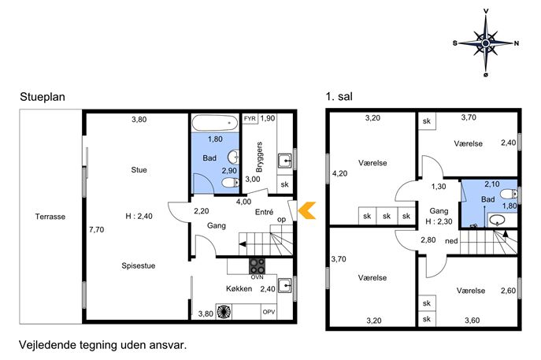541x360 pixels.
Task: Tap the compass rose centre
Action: click(x=486, y=43)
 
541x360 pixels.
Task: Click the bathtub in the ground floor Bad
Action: click(x=215, y=123)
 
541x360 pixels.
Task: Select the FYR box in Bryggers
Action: click(x=250, y=119)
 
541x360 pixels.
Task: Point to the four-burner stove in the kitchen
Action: click(x=258, y=266)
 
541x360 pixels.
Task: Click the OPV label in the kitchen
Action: click(x=269, y=312)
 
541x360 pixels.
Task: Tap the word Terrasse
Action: click(x=50, y=217)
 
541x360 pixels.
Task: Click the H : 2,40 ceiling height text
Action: click(x=139, y=217)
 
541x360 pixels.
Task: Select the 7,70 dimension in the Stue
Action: click(x=97, y=229)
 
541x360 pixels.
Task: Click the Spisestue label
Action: click(x=139, y=265)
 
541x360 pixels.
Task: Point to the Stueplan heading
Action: click(x=43, y=97)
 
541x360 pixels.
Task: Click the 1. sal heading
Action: click(x=339, y=97)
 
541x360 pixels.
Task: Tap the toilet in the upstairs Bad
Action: click(x=509, y=195)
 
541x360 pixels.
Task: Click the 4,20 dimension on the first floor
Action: click(x=340, y=173)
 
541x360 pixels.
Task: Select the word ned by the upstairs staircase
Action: click(x=451, y=241)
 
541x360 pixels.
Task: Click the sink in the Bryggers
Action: click(x=285, y=161)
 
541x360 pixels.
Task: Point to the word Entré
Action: click(x=265, y=212)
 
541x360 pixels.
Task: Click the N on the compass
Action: click(x=517, y=43)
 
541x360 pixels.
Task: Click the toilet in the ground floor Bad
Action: click(x=230, y=182)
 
